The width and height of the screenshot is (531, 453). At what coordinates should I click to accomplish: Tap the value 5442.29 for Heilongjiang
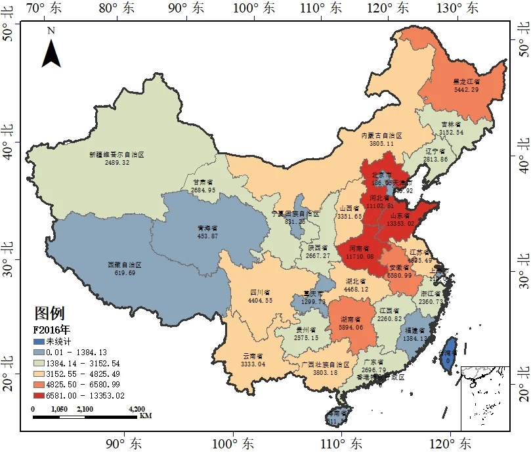click(466, 89)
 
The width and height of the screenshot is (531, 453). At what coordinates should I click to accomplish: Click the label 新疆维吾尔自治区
click(116, 155)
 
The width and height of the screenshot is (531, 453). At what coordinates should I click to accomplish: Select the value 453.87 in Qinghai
click(207, 236)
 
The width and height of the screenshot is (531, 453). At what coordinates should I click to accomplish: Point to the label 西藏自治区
click(124, 265)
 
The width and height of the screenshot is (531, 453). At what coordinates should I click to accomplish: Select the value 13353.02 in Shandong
click(402, 223)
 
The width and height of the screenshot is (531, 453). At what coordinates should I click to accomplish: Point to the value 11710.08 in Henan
click(361, 256)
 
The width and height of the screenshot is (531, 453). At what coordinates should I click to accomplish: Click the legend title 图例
click(49, 313)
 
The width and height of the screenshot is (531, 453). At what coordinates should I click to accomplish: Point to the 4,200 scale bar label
click(134, 409)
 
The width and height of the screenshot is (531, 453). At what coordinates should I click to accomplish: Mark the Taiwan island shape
click(449, 352)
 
